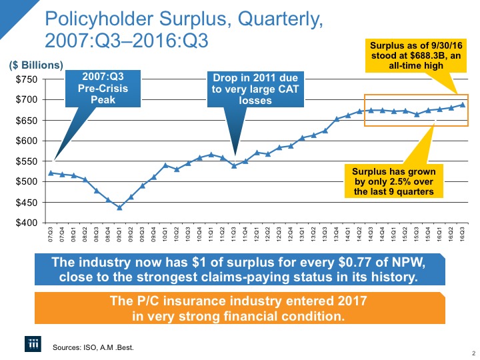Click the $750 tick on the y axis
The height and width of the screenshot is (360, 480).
(x=27, y=79)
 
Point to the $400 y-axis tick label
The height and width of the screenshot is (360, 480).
(x=27, y=223)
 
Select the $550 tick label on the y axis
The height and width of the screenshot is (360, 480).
(x=27, y=161)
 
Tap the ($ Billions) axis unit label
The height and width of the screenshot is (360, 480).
(x=36, y=65)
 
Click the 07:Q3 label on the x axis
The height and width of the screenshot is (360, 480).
(x=50, y=234)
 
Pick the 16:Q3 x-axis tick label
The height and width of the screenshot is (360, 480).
(x=462, y=234)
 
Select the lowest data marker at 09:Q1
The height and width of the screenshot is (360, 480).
(x=119, y=207)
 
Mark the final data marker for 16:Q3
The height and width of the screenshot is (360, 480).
(x=462, y=105)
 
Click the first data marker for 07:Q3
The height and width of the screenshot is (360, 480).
(x=51, y=173)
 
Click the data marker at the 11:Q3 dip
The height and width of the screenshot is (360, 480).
(x=233, y=165)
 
